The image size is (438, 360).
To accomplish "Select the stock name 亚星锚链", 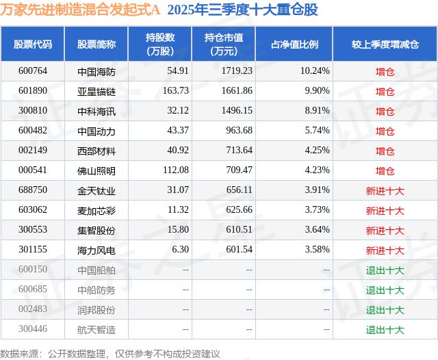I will [x=96, y=91].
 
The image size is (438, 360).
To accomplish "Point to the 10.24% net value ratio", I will [x=315, y=70].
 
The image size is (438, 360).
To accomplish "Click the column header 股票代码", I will [x=32, y=44].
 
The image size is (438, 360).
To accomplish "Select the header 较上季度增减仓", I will [x=385, y=44].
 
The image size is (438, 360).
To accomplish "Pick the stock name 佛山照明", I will [x=96, y=170].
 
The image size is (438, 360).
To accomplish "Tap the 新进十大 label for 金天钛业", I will [x=385, y=190].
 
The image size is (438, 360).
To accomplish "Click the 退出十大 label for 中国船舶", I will [x=385, y=270].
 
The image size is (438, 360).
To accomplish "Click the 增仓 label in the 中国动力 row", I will [x=385, y=131].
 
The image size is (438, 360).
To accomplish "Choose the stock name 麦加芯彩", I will [x=96, y=210].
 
